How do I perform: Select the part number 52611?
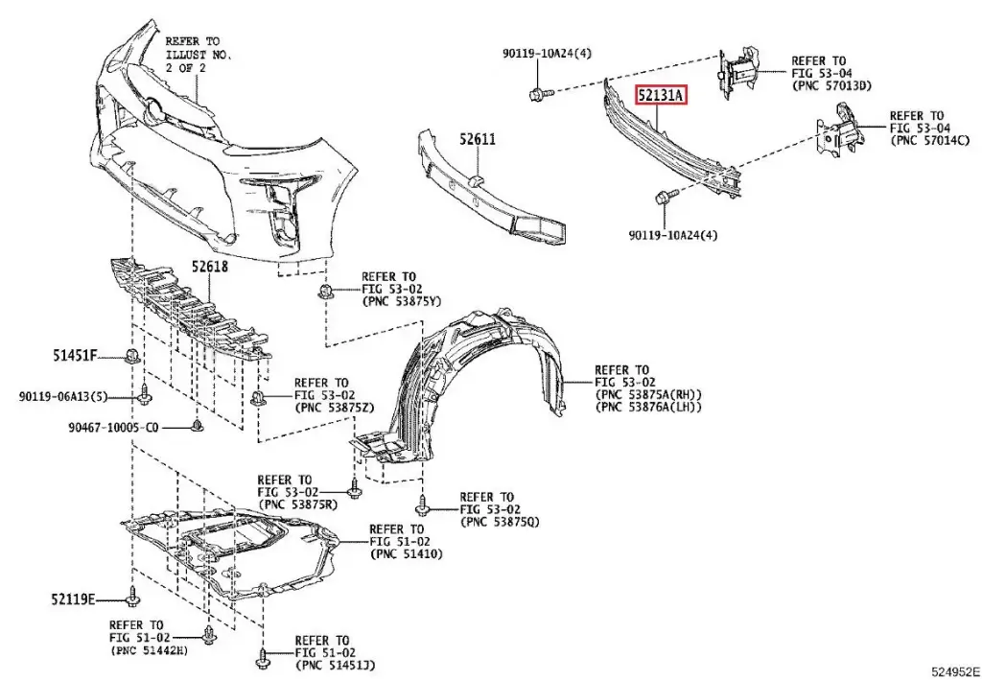pos(477,139)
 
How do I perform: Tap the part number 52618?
pos(209,269)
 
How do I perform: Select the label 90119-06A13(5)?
pos(63,396)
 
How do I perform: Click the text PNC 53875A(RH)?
pos(648,394)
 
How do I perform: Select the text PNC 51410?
pos(407,554)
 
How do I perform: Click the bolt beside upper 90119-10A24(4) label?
pos(538,94)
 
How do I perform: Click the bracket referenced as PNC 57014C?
pos(838,135)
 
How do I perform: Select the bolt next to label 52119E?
pos(131,599)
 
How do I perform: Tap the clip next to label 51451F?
pos(131,357)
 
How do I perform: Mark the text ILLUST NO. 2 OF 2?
pos(198,61)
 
